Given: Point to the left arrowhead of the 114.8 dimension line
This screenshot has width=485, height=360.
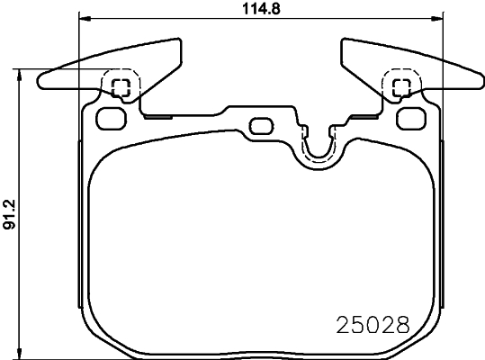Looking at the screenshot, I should coord(84,19).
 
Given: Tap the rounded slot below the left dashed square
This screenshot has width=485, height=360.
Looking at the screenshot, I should coord(109,116).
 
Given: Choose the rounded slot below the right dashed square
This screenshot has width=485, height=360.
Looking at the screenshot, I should coord(414,116).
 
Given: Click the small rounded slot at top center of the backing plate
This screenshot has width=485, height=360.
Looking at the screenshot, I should coord(261,124).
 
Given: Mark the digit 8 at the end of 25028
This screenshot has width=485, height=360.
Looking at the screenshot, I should coord(403,323).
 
